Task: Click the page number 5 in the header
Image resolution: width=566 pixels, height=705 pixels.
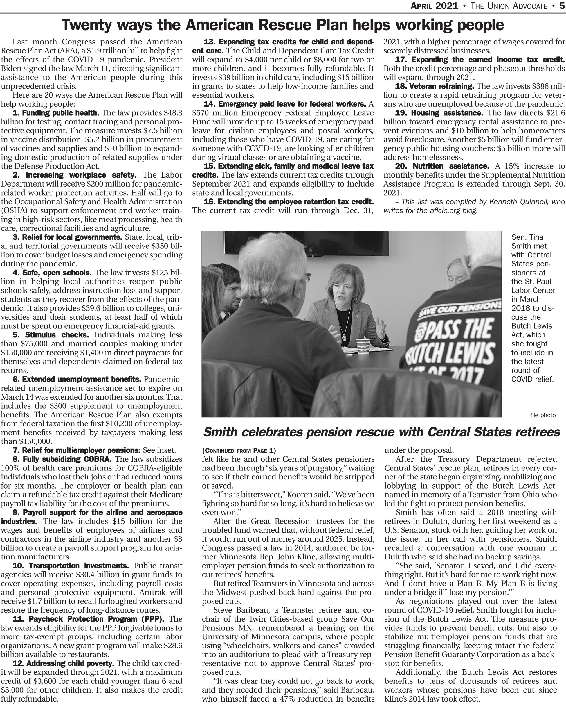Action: [562, 6]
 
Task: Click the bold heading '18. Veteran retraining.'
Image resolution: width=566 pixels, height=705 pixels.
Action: [435, 86]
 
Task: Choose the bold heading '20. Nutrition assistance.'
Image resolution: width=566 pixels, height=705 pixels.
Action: [442, 166]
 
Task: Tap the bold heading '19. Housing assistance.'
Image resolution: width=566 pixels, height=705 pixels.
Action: [439, 113]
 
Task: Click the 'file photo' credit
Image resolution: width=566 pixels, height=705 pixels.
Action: [543, 415]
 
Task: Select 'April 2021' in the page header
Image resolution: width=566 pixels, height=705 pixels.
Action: [434, 6]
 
